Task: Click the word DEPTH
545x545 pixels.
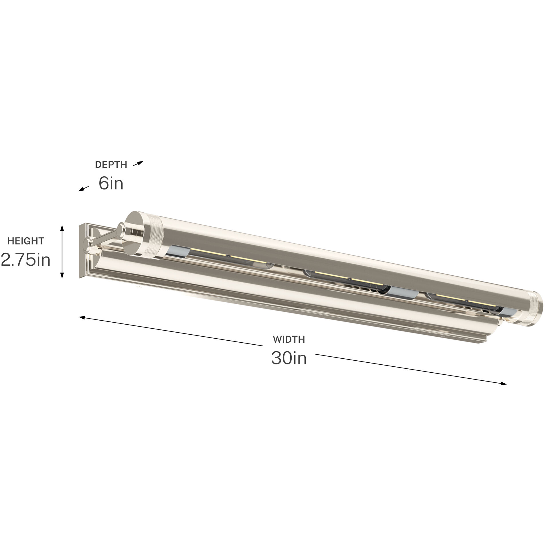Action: pos(111,165)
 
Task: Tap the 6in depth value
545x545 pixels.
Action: pos(111,183)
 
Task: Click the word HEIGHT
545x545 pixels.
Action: pos(25,241)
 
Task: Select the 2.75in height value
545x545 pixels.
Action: pos(25,260)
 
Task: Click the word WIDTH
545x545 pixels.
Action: pos(289,339)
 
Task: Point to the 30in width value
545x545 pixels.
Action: pos(289,358)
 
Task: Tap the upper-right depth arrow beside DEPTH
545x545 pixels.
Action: pos(138,163)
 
